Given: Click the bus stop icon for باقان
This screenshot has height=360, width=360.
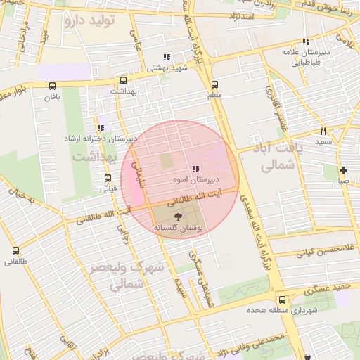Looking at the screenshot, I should click(53, 86).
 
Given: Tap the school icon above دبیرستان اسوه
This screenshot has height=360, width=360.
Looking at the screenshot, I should click(195, 169).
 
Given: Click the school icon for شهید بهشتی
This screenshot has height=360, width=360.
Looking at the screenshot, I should click(167, 58).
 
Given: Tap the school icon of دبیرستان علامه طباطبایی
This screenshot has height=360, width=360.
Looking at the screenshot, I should click(305, 42).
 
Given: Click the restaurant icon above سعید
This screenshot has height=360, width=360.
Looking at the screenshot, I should click(323, 131).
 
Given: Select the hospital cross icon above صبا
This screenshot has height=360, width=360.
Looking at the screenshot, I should click(343, 170).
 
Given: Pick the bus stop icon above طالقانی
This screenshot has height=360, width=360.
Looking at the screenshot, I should click(16, 250).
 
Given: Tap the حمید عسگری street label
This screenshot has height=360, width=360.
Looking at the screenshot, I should click(328, 287).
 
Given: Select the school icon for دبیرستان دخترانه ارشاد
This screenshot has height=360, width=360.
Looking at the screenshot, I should click(101, 128).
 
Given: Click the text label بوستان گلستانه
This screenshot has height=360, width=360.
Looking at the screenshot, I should click(179, 229).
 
